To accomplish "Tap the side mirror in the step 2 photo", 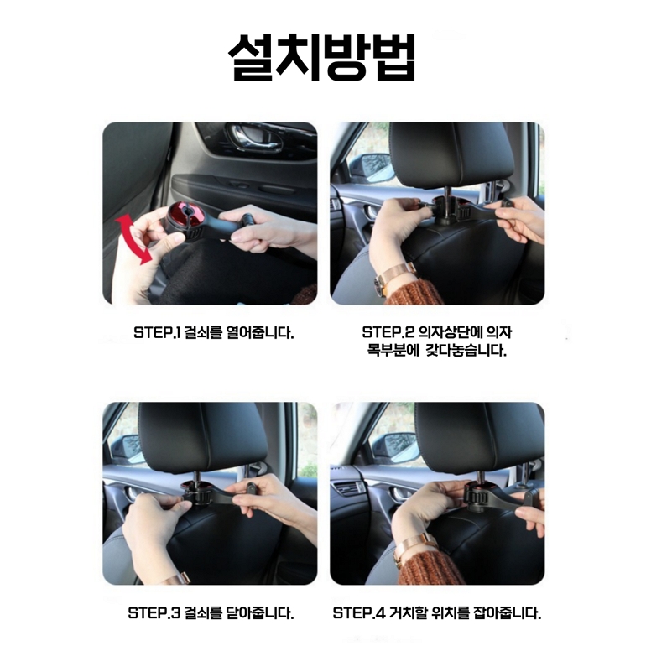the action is (x=370, y=168).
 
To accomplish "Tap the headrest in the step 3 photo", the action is (x=203, y=438).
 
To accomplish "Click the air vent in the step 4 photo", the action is (x=348, y=489).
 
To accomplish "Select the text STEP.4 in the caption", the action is (x=359, y=612).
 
